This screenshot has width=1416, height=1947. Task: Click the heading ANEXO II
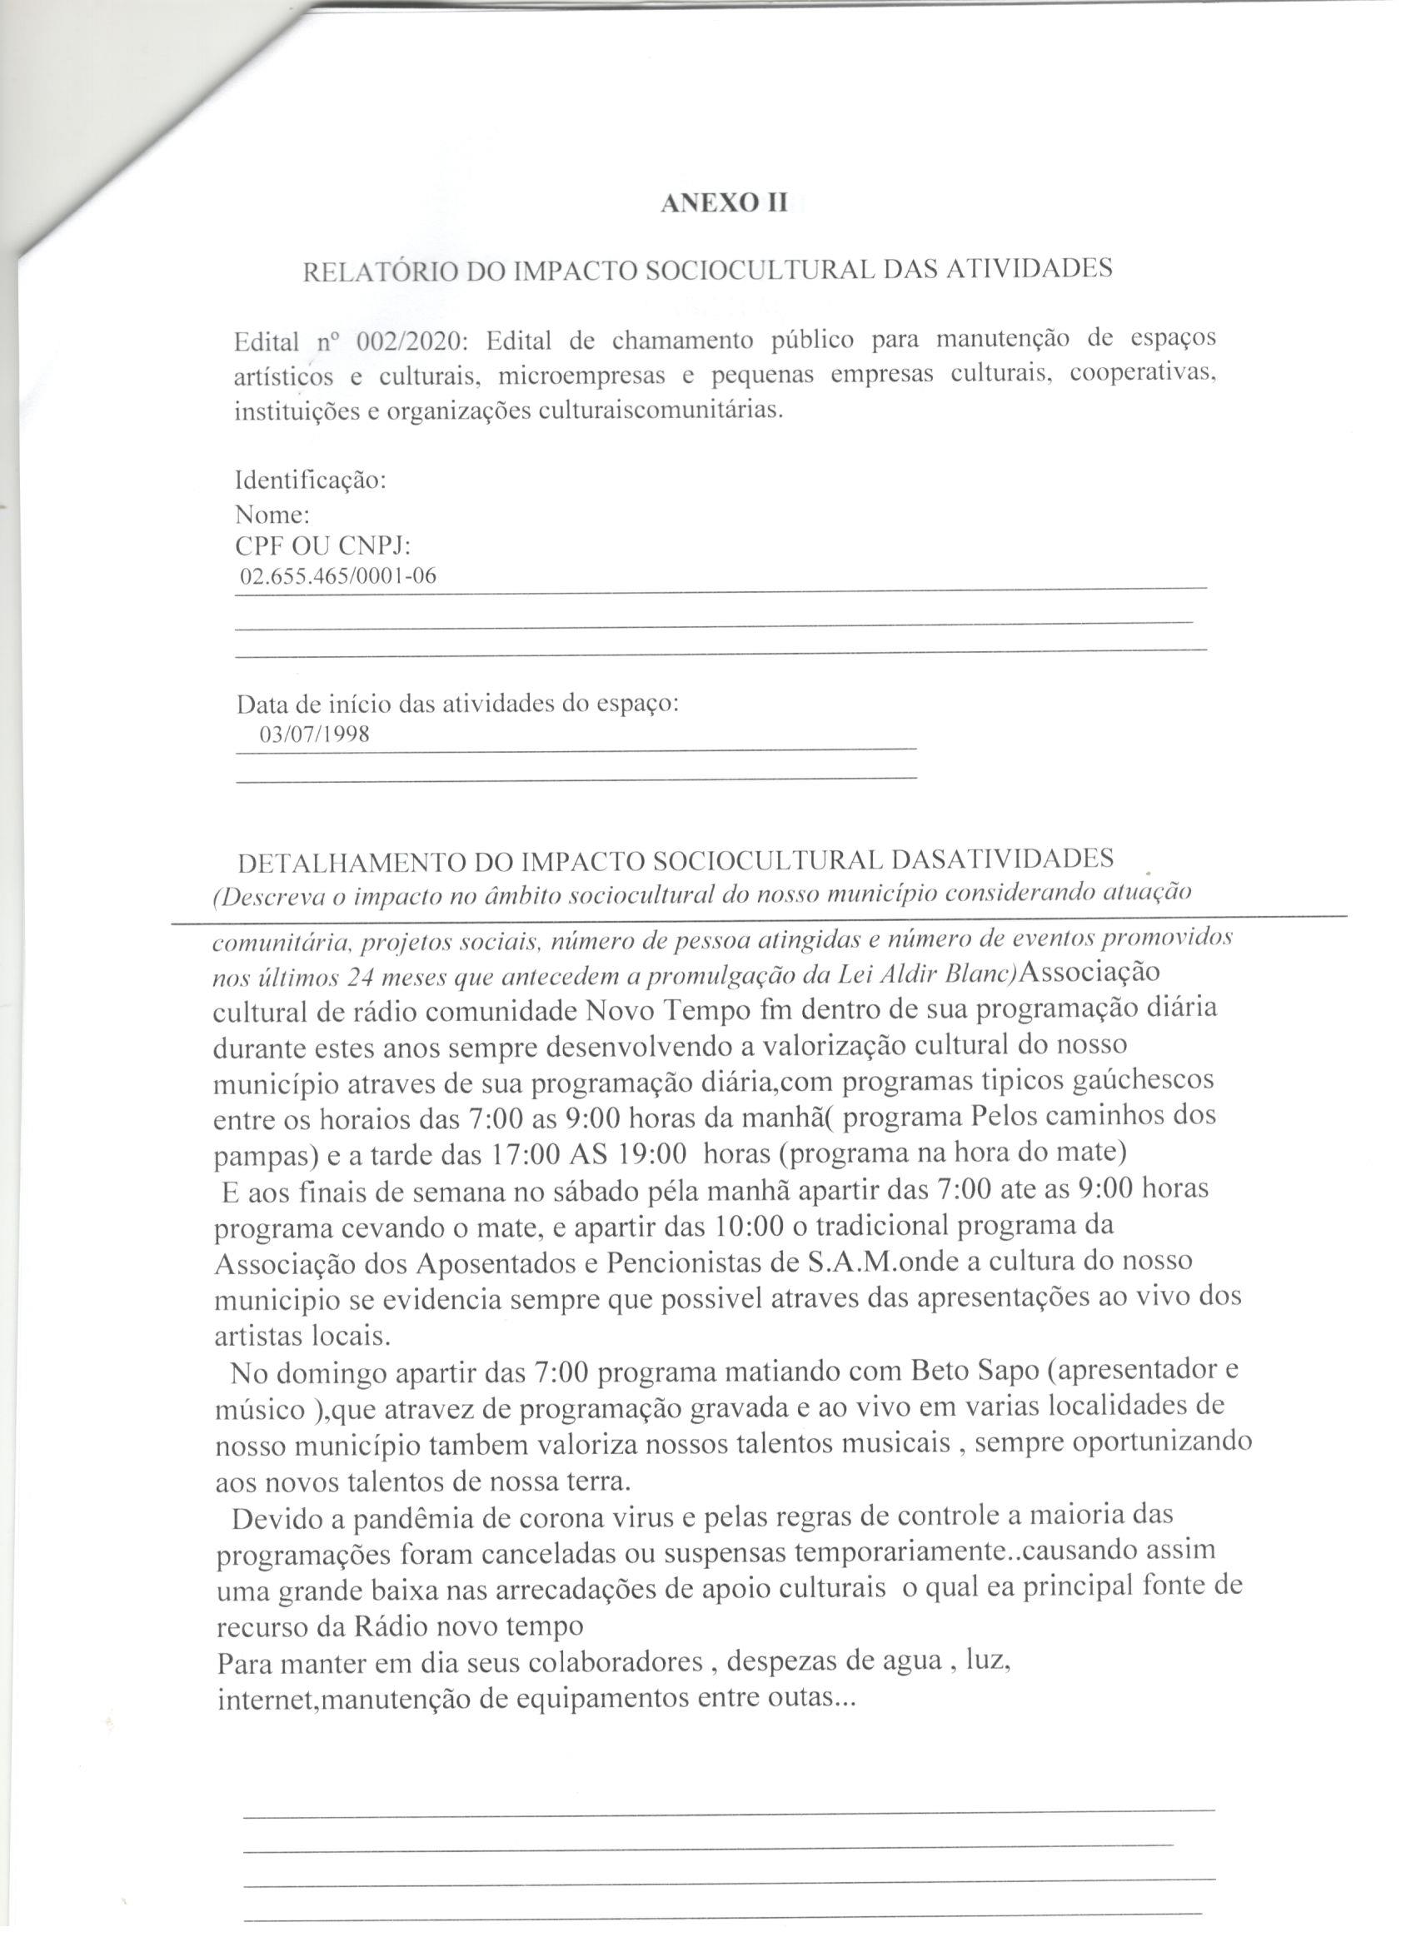(x=723, y=203)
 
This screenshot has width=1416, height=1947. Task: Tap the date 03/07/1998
(x=314, y=734)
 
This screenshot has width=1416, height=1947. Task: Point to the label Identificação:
(x=310, y=480)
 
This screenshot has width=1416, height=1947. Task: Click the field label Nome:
(x=272, y=515)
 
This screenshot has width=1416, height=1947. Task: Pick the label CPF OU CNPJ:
(x=323, y=546)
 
